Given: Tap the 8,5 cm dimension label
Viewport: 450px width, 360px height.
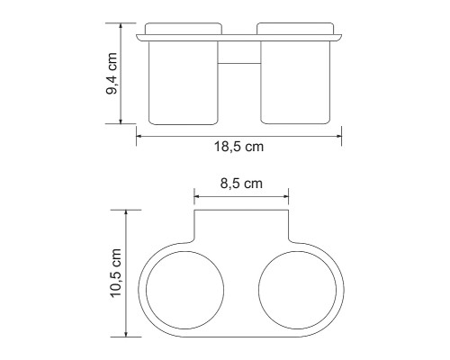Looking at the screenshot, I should pos(241,184).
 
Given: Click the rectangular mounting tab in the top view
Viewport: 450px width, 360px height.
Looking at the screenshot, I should pos(240,227).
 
